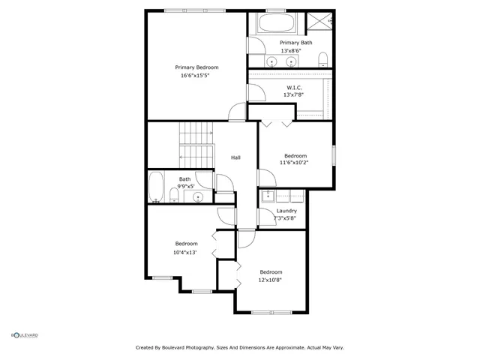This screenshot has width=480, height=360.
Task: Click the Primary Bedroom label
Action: click(x=197, y=67)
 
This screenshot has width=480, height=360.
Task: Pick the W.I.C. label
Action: click(x=293, y=87)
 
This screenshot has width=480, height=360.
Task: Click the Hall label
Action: click(x=235, y=157)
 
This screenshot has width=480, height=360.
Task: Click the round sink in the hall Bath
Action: click(x=198, y=198)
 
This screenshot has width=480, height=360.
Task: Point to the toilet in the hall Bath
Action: click(x=174, y=196)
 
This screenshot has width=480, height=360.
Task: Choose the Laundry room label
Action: click(x=286, y=211)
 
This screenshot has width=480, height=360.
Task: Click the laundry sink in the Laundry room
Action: click(x=267, y=197)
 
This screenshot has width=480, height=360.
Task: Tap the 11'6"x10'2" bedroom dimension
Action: click(x=295, y=162)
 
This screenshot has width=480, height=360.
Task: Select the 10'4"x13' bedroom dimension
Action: click(x=184, y=252)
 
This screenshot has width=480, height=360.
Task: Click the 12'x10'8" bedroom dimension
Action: click(x=271, y=280)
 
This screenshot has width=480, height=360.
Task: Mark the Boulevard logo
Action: click(x=24, y=334)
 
